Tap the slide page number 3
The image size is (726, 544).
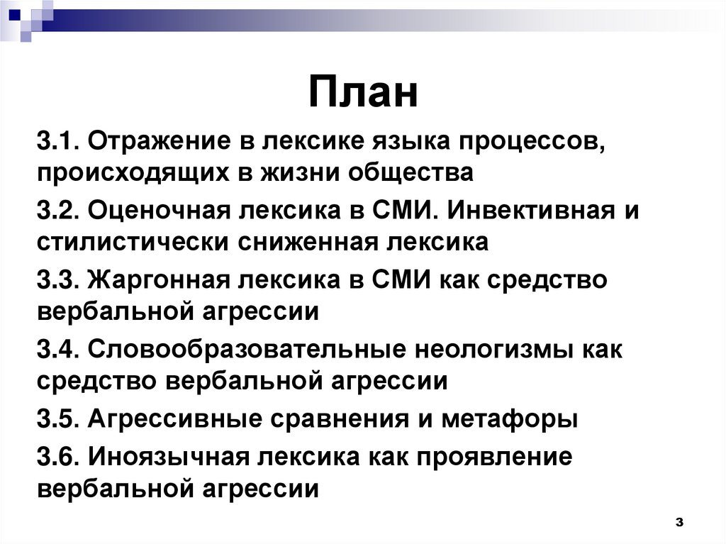(x=678, y=522)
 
